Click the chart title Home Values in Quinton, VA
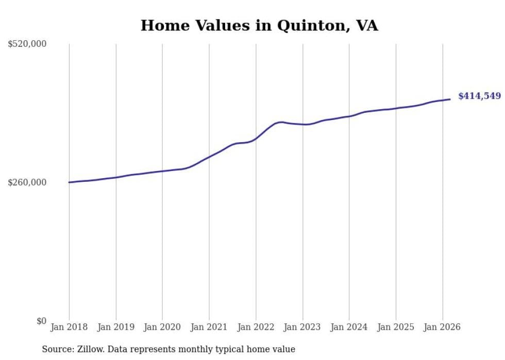pyautogui.click(x=259, y=25)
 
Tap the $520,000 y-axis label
pyautogui.click(x=27, y=44)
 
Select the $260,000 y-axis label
pyautogui.click(x=27, y=182)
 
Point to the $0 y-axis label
pyautogui.click(x=41, y=321)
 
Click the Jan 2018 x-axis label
pyautogui.click(x=69, y=327)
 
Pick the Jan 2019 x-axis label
pyautogui.click(x=116, y=327)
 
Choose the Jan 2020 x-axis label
pyautogui.click(x=162, y=327)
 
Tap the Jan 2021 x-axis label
pyautogui.click(x=209, y=327)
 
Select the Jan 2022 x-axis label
pyautogui.click(x=256, y=327)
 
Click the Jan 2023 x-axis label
pyautogui.click(x=302, y=327)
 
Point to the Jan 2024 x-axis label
pyautogui.click(x=349, y=327)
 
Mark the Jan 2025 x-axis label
pyautogui.click(x=396, y=327)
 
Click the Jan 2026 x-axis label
pyautogui.click(x=442, y=327)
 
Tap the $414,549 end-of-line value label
pyautogui.click(x=479, y=96)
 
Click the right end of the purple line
pyautogui.click(x=450, y=99)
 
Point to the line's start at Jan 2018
pyautogui.click(x=69, y=182)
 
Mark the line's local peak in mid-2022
pyautogui.click(x=280, y=122)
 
